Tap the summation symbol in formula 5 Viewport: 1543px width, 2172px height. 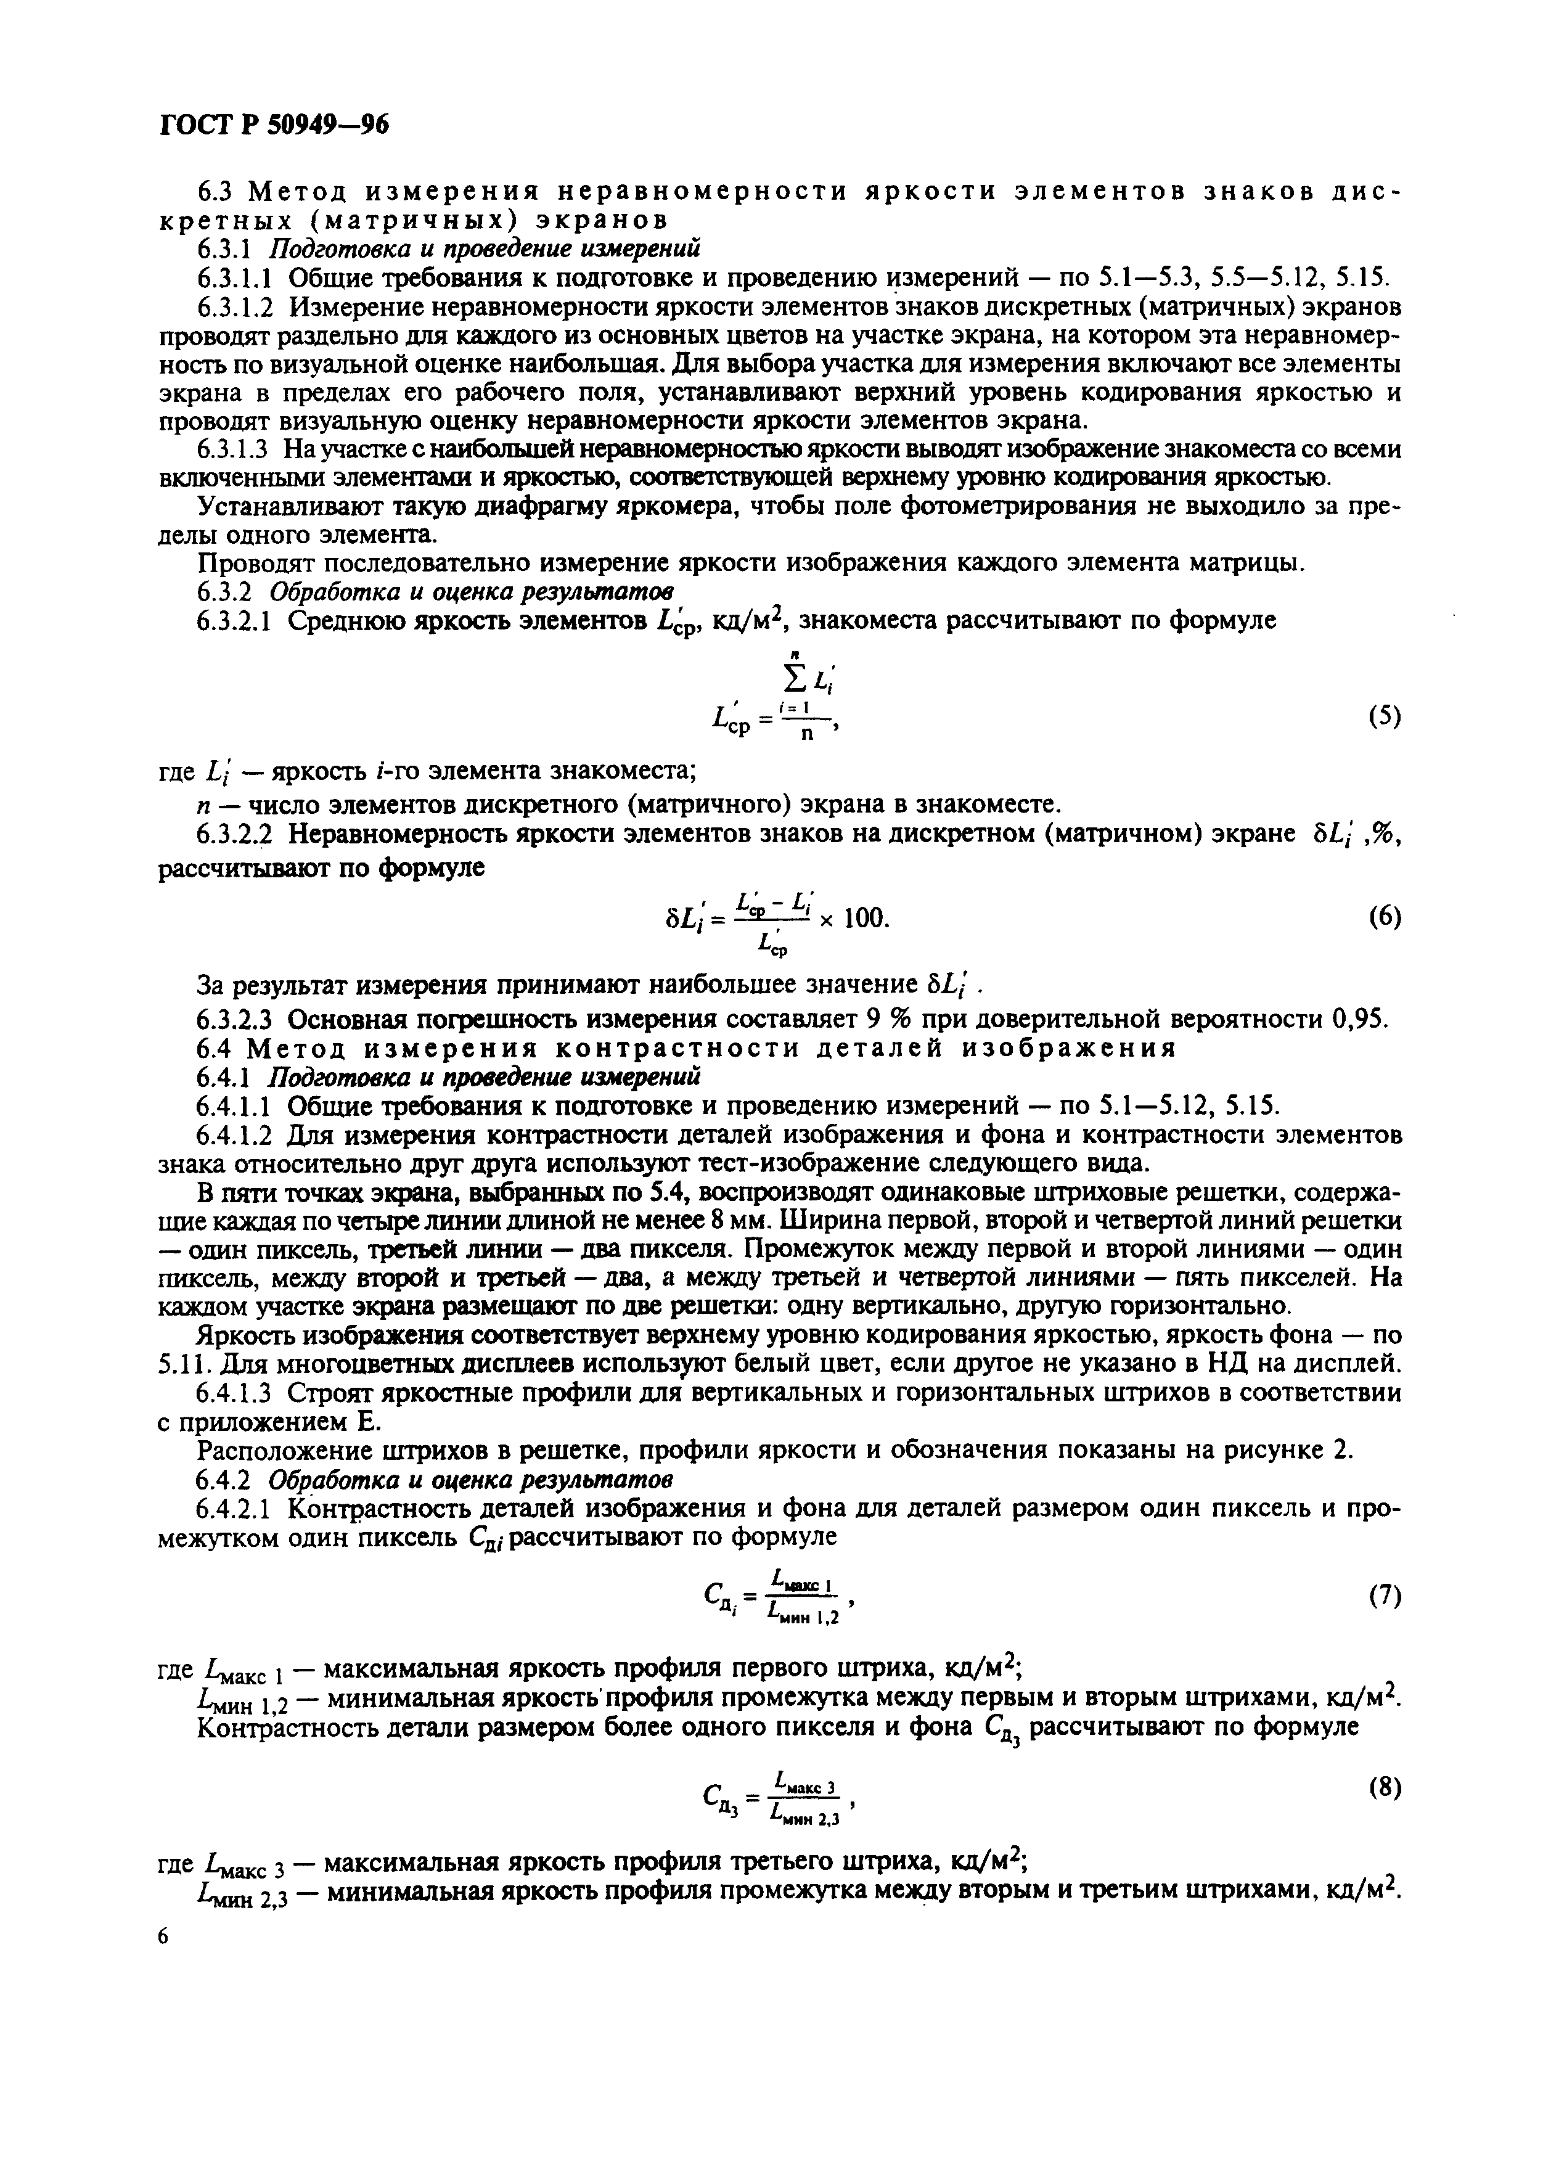pos(785,676)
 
